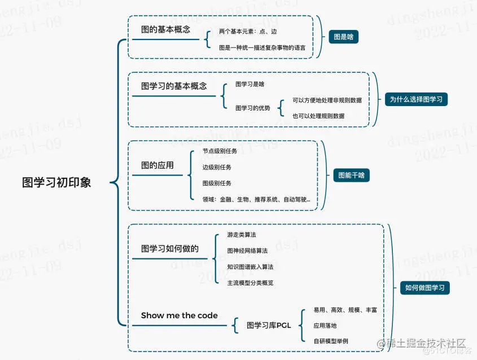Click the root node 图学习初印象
(x=56, y=182)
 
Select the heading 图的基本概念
(x=165, y=29)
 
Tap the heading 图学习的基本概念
(x=174, y=86)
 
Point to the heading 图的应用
(x=157, y=165)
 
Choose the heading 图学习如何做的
(x=170, y=248)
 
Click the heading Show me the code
(x=179, y=315)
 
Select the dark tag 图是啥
(x=343, y=37)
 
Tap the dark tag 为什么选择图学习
(x=416, y=99)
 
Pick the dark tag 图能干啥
(x=351, y=175)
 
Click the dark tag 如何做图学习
(x=425, y=288)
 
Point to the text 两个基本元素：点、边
(x=248, y=32)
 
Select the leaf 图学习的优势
(x=252, y=108)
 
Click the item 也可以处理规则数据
(x=318, y=116)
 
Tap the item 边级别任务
(x=217, y=167)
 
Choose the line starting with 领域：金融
(x=256, y=199)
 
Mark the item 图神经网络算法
(x=247, y=250)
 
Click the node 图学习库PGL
(x=268, y=325)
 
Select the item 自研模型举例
(x=331, y=341)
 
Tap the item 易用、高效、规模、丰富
(x=345, y=310)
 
